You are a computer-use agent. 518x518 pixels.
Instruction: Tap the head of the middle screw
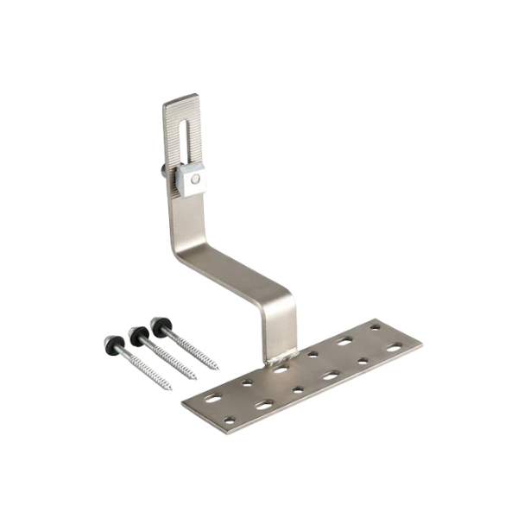point(136,331)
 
